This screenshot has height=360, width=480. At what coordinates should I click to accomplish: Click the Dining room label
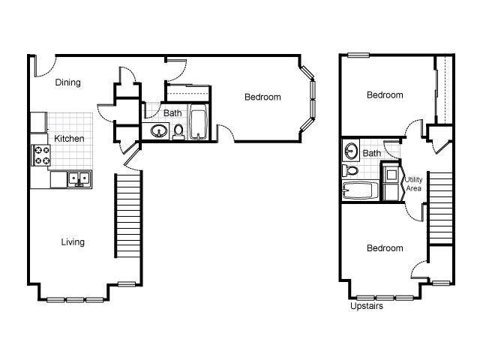point(68,82)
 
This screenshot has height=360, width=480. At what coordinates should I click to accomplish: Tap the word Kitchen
point(69,139)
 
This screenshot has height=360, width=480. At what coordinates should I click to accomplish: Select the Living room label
point(73,241)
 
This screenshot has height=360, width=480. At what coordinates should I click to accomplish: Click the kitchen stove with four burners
point(40,155)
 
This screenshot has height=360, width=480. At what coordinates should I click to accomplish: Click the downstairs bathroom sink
point(159,133)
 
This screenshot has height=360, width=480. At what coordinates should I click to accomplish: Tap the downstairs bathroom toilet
point(178,133)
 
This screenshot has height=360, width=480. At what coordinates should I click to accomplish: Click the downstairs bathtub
point(198,124)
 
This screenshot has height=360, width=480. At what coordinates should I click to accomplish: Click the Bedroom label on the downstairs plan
point(262,97)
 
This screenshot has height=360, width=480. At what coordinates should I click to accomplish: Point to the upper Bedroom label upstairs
point(384,95)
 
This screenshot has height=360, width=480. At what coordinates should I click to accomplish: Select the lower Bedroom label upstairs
point(384,248)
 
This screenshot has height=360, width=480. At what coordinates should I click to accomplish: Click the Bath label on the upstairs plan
point(372,154)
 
